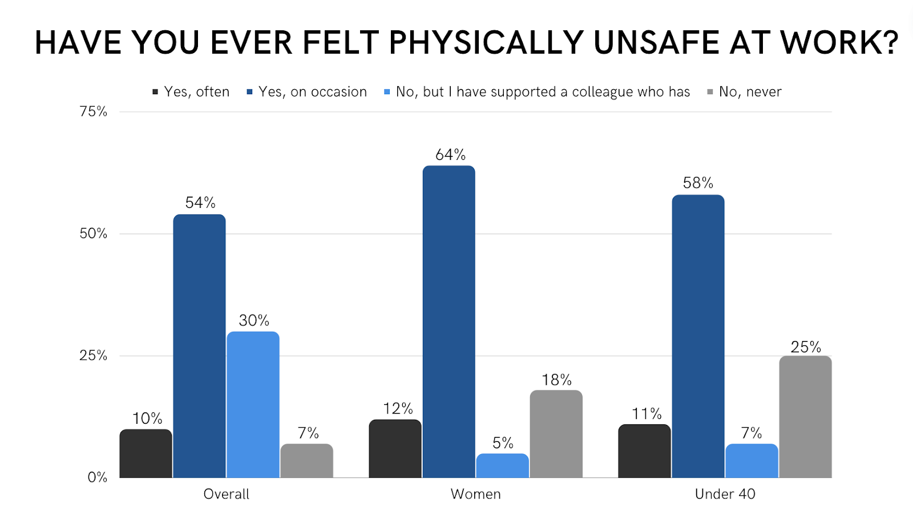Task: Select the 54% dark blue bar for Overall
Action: click(199, 346)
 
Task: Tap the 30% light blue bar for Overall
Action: click(253, 404)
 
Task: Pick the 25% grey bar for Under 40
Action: click(805, 417)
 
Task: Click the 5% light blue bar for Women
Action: click(502, 465)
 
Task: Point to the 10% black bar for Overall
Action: click(146, 453)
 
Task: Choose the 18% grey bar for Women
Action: click(556, 434)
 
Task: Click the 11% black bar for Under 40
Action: click(644, 451)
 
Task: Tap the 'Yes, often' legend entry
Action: click(191, 92)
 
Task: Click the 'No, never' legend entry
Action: click(745, 92)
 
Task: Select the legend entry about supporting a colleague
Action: click(537, 92)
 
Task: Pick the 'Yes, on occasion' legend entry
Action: click(307, 92)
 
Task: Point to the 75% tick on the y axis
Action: click(93, 111)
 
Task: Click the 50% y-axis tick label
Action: click(93, 234)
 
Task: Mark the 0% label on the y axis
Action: click(97, 477)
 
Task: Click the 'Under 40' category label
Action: click(725, 494)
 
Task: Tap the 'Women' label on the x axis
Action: click(475, 494)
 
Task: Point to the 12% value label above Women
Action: click(398, 409)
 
